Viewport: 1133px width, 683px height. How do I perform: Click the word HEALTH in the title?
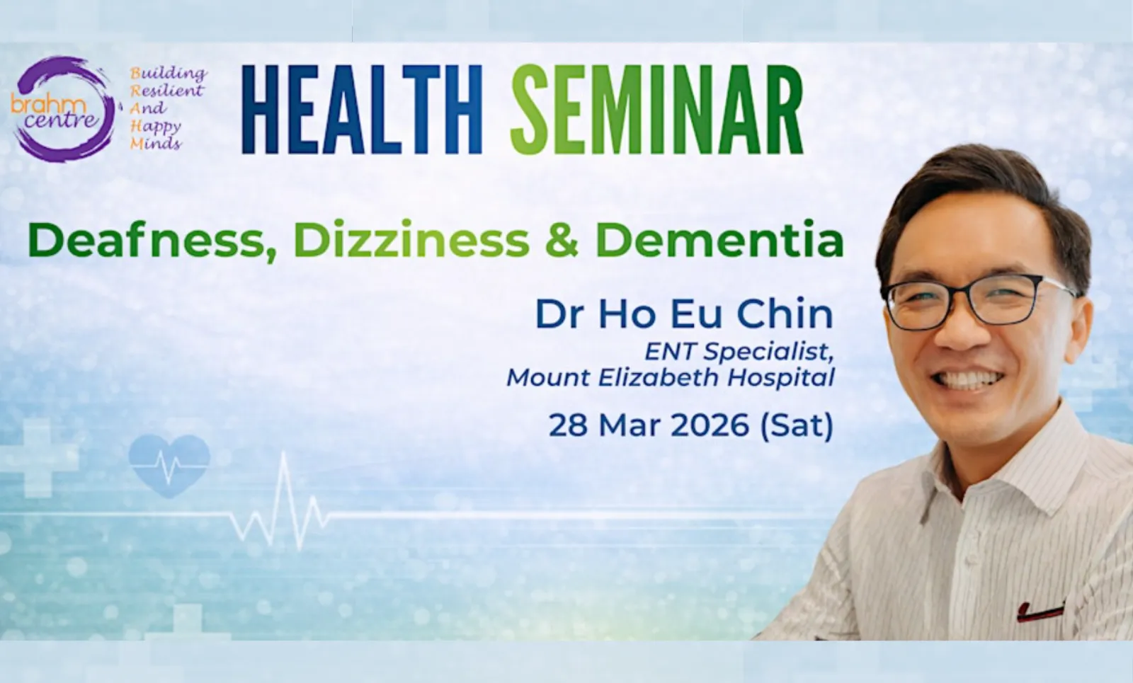pos(362,109)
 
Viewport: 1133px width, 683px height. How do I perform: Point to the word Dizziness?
pos(411,239)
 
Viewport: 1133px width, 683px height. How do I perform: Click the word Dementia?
pos(719,239)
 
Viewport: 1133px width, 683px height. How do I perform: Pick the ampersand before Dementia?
pos(562,240)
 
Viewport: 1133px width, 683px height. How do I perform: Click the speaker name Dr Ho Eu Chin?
pos(684,314)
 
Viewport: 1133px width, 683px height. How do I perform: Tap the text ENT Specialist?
pos(739,352)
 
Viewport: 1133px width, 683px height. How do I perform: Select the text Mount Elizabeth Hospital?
pos(671,378)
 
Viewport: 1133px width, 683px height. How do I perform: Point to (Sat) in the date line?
pos(797,426)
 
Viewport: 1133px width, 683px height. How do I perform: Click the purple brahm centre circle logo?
pos(63,109)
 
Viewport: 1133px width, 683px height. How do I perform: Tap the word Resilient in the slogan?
pos(167,91)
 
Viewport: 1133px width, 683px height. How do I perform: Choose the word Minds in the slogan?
pos(155,144)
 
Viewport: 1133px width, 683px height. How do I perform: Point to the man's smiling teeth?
pos(967,379)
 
